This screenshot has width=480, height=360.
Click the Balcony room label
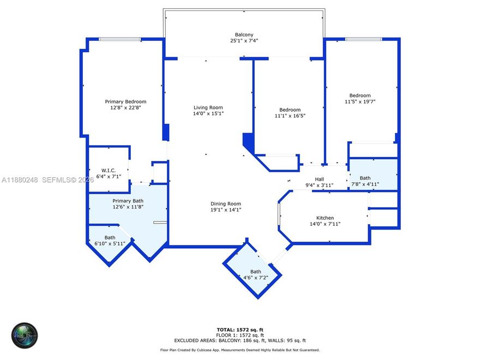244,33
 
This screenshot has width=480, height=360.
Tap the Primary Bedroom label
125,101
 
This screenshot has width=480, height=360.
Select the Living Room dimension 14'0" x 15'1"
208,113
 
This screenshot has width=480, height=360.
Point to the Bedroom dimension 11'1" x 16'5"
290,116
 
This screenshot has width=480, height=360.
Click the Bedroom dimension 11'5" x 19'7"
360,101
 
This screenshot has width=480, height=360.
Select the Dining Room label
226,203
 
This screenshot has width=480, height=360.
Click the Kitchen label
325,218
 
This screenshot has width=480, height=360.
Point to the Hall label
319,179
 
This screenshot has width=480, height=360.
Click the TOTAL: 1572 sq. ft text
240,329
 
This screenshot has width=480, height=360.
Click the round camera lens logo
25,336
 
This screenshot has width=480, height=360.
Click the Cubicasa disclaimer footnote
240,350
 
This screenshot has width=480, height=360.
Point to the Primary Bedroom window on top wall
119,39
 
